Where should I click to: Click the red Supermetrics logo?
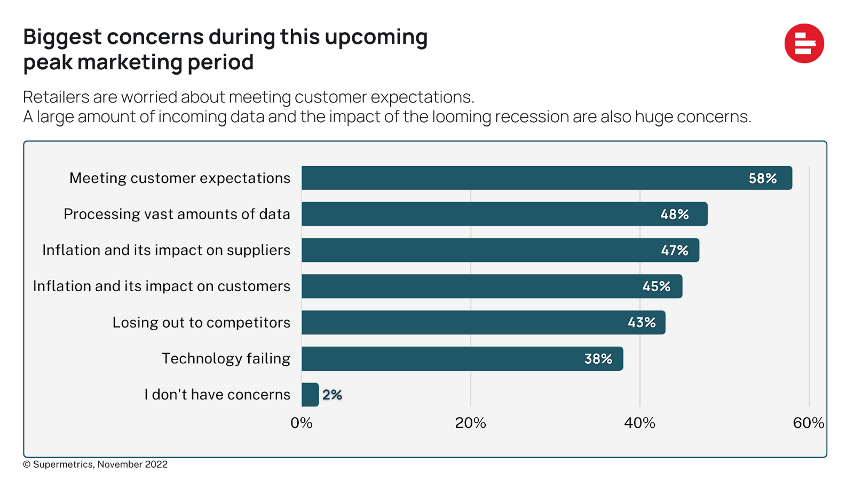click(x=804, y=44)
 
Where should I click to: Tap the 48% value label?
click(x=675, y=214)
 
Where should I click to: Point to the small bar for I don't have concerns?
click(x=310, y=395)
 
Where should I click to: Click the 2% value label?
click(x=332, y=395)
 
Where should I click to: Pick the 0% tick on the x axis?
click(x=302, y=423)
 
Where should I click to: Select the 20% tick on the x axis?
click(x=471, y=423)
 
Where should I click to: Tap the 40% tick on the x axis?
click(x=639, y=423)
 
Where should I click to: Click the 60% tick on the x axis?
click(x=809, y=423)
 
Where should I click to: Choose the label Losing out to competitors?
click(x=201, y=323)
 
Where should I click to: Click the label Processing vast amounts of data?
click(x=177, y=214)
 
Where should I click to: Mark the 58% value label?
click(x=762, y=179)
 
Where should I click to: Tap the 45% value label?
click(x=657, y=286)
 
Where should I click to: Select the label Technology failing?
click(x=226, y=358)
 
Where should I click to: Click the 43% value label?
click(x=642, y=323)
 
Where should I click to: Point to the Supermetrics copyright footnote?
click(x=96, y=465)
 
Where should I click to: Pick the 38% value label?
click(x=598, y=359)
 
